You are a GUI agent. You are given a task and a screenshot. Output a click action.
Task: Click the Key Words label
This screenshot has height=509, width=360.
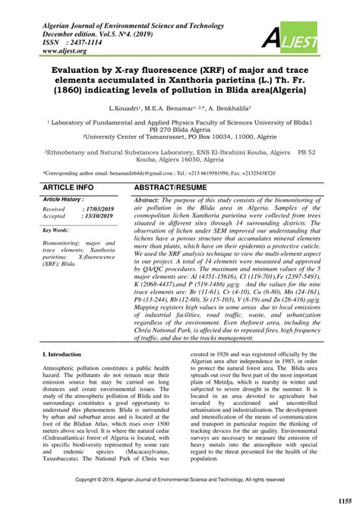(x=57, y=229)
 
